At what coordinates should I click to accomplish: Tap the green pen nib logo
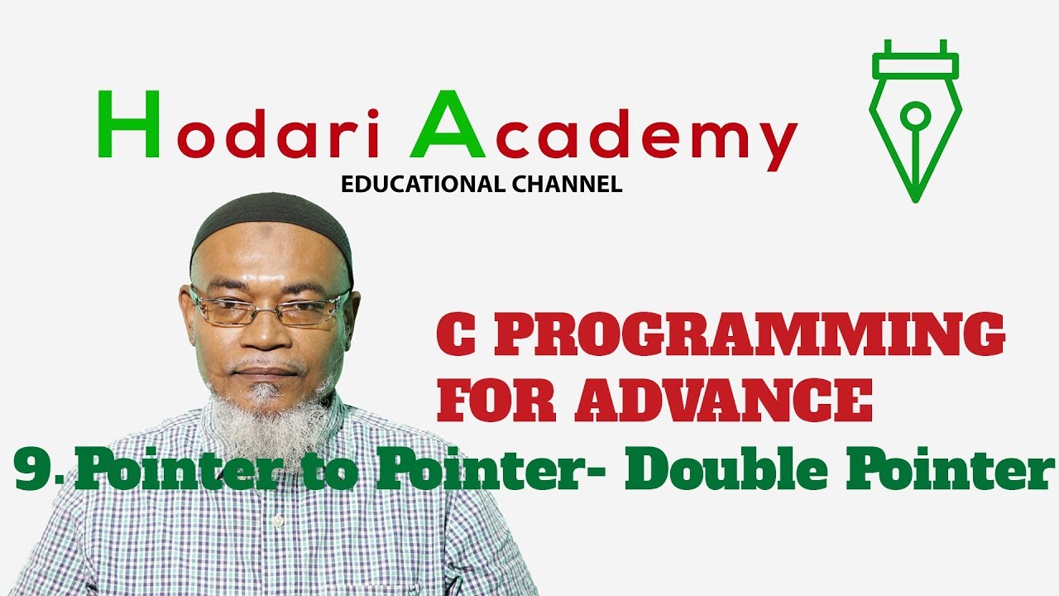click(915, 116)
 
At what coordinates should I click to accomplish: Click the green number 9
click(34, 472)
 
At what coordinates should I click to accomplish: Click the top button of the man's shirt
click(279, 521)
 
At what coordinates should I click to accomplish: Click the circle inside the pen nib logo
click(915, 114)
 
